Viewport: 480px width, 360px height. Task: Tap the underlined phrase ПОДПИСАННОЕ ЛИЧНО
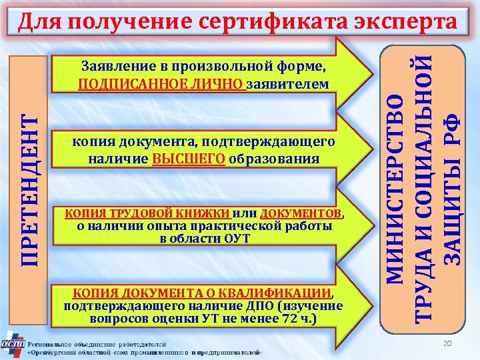[161, 84]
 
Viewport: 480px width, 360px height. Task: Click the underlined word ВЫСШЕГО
[189, 159]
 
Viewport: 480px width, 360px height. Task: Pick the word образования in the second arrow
[273, 159]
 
